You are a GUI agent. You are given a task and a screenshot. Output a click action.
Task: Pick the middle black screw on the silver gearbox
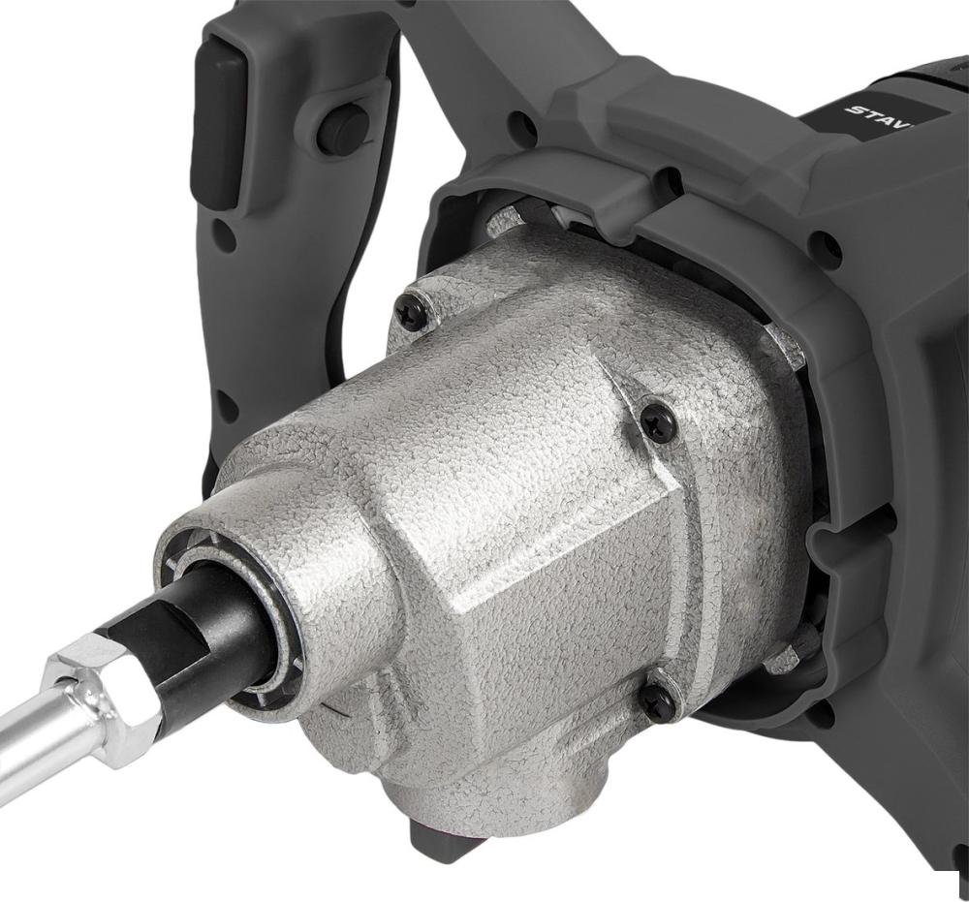coord(659,424)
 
